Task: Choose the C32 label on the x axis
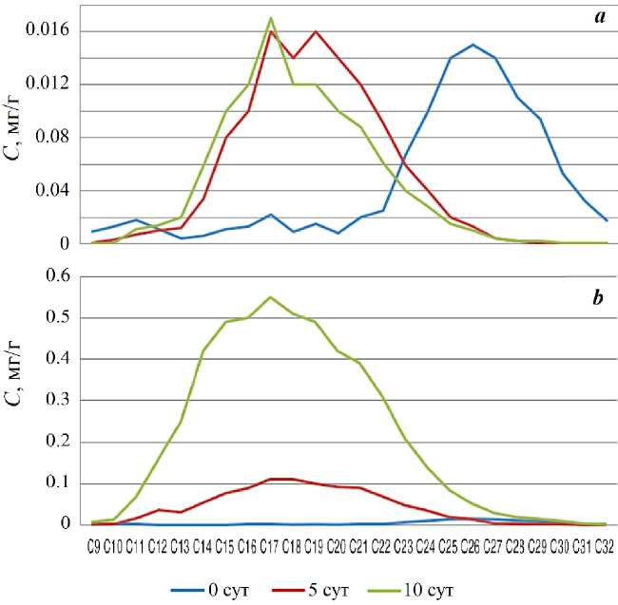point(606,546)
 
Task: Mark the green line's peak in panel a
point(271,17)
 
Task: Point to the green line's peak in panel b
point(271,297)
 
